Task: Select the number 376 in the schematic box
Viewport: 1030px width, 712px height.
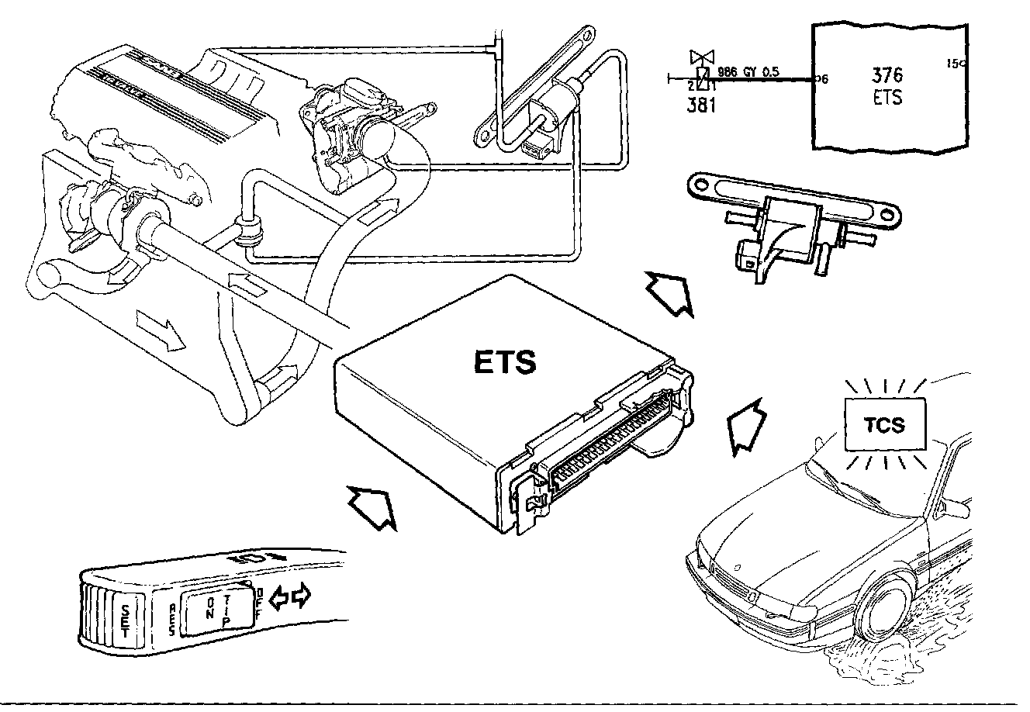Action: [x=887, y=76]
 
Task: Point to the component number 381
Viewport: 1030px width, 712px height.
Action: [x=701, y=105]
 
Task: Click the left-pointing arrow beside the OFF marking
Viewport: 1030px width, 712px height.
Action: [x=278, y=596]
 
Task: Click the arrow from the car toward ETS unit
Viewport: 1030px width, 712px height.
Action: [x=745, y=425]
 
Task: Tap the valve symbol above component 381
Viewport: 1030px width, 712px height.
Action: [x=703, y=57]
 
